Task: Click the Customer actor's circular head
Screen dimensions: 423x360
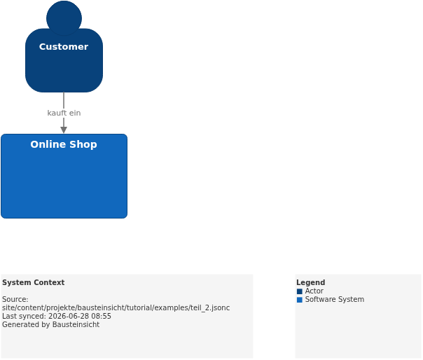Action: coord(64,18)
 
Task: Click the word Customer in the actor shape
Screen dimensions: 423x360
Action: coord(64,47)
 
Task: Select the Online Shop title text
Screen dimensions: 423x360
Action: coord(64,144)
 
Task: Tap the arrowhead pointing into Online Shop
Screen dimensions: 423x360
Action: coord(64,130)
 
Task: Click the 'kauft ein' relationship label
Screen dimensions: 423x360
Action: coord(64,113)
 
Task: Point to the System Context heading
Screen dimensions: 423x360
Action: coord(33,282)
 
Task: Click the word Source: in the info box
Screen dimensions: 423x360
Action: coord(15,299)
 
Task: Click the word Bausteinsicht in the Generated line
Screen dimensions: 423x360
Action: coord(76,324)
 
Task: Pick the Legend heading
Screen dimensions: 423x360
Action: coord(310,282)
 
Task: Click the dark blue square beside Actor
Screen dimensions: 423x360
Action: coord(300,291)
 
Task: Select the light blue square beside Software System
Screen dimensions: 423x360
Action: coord(300,300)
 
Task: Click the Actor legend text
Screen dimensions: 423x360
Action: coord(314,291)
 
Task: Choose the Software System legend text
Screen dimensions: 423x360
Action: coord(335,300)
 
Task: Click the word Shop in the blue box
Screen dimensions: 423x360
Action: coord(83,144)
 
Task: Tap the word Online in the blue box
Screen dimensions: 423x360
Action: coord(48,144)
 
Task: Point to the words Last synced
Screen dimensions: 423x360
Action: coord(24,316)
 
